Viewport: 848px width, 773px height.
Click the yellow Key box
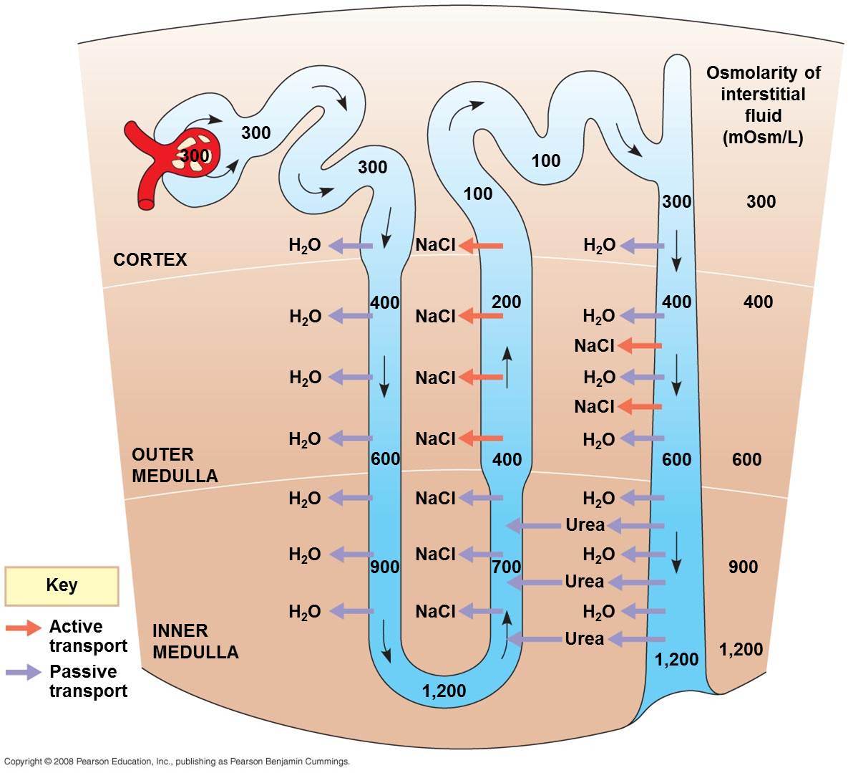click(62, 585)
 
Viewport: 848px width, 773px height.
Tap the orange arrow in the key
click(24, 628)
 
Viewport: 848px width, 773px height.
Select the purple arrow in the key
click(24, 672)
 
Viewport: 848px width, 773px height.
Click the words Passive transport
click(88, 681)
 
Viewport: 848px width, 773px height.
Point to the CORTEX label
click(150, 259)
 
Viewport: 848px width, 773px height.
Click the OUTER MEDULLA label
click(175, 465)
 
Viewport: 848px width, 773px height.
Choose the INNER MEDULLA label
click(195, 641)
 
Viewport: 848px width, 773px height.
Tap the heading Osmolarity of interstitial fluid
click(763, 105)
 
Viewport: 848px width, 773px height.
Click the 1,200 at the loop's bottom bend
click(444, 691)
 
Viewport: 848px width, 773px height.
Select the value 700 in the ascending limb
click(507, 567)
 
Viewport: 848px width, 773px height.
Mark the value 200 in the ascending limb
click(506, 302)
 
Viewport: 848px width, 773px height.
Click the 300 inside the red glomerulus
click(195, 155)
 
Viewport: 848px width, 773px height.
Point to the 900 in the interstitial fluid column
click(743, 567)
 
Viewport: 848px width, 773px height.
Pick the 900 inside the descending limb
click(384, 567)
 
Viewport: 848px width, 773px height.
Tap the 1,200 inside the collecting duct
click(676, 659)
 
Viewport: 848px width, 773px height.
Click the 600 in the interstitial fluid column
click(746, 459)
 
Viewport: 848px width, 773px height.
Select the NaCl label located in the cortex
click(435, 245)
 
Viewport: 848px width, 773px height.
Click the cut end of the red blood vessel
click(147, 203)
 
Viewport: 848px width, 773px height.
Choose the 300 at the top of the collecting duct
click(676, 201)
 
